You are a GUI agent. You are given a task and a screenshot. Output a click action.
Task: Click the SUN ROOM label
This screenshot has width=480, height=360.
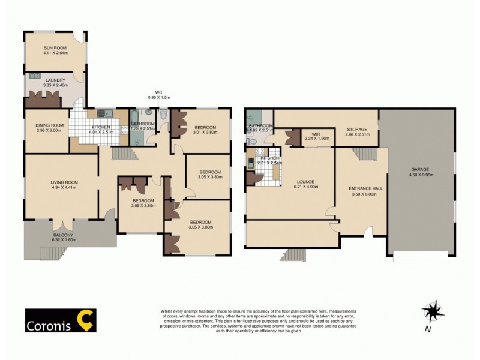(x=55, y=47)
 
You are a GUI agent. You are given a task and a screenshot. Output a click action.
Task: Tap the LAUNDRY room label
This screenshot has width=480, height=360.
(x=54, y=80)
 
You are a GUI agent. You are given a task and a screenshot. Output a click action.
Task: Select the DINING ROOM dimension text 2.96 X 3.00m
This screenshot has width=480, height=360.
(x=49, y=130)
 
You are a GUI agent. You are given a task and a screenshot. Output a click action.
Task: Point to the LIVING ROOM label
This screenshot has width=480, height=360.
(x=63, y=182)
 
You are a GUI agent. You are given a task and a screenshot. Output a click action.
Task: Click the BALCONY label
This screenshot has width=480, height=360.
(x=63, y=235)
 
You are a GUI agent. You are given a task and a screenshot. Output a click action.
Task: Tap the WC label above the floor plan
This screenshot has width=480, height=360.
(x=159, y=92)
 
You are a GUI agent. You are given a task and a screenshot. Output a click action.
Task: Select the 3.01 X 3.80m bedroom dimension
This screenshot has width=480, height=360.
(x=206, y=133)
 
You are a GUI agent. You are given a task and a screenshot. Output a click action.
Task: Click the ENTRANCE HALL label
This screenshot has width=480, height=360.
(x=365, y=188)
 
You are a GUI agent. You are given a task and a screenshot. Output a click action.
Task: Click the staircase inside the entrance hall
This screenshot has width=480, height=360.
(x=363, y=155)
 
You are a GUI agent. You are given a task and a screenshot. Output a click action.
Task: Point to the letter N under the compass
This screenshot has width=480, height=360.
(x=427, y=329)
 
